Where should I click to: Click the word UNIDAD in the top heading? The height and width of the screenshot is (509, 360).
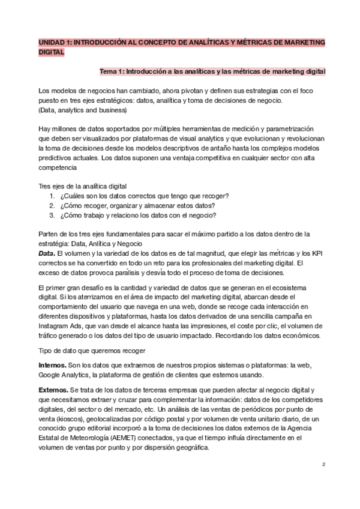pyautogui.click(x=52, y=43)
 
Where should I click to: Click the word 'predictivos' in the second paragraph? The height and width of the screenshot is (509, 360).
pyautogui.click(x=55, y=158)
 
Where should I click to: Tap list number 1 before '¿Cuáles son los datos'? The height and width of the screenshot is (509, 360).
pyautogui.click(x=52, y=196)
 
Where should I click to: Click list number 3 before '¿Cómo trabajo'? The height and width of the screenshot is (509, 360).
pyautogui.click(x=52, y=215)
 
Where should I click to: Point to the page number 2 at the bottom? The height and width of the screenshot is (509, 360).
pyautogui.click(x=323, y=465)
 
